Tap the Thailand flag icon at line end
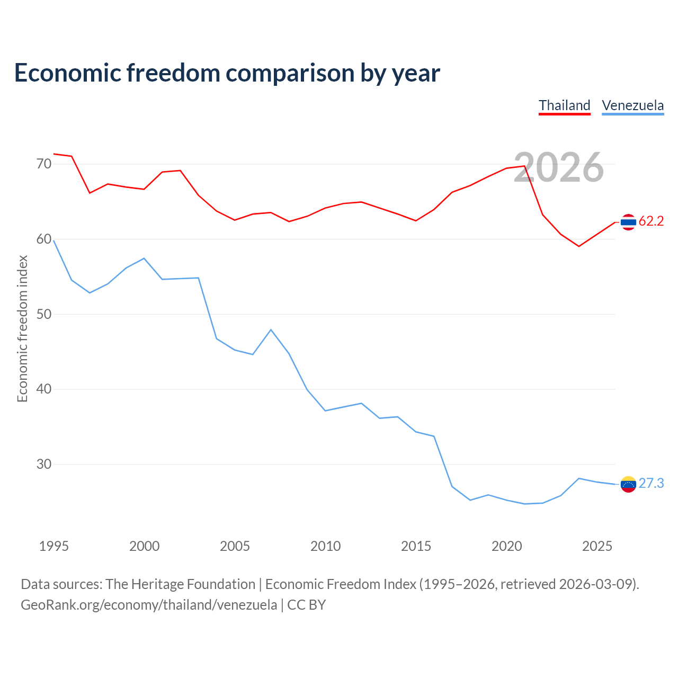pyautogui.click(x=628, y=222)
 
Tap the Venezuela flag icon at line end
pyautogui.click(x=628, y=484)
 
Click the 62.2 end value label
pyautogui.click(x=651, y=221)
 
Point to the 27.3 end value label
pyautogui.click(x=651, y=484)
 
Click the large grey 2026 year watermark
pyautogui.click(x=559, y=167)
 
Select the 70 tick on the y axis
pyautogui.click(x=44, y=164)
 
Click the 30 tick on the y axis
pyautogui.click(x=44, y=464)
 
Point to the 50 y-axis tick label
pyautogui.click(x=44, y=314)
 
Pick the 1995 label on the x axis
pyautogui.click(x=54, y=546)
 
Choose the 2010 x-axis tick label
pyautogui.click(x=325, y=546)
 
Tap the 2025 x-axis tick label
pyautogui.click(x=597, y=546)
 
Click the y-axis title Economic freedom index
pyautogui.click(x=22, y=328)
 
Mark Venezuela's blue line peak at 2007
pyautogui.click(x=271, y=329)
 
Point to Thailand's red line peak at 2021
pyautogui.click(x=524, y=166)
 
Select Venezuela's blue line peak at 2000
pyautogui.click(x=144, y=258)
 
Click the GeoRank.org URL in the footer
pyautogui.click(x=149, y=605)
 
